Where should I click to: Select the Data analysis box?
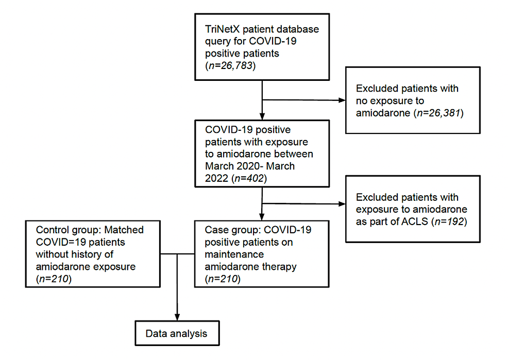point(176,333)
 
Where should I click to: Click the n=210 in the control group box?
point(53,279)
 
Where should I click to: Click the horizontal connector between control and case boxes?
point(177,254)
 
